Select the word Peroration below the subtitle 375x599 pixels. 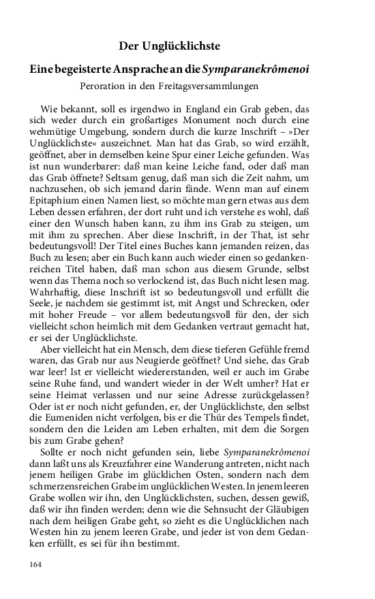point(105,86)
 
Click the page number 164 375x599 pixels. point(37,564)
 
